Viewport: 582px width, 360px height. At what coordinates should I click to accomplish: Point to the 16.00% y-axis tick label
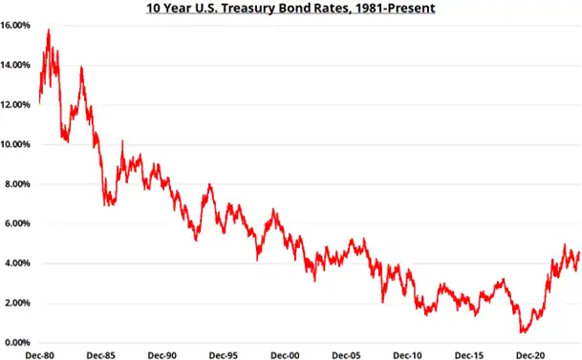click(19, 25)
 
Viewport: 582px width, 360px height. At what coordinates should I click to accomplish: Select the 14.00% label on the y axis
click(19, 65)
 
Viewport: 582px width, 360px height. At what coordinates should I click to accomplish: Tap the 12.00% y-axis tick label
click(19, 104)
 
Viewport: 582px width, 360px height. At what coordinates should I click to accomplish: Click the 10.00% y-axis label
click(19, 144)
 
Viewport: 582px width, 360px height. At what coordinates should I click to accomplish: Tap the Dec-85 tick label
click(100, 353)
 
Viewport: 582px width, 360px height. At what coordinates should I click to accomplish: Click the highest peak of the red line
click(49, 30)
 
